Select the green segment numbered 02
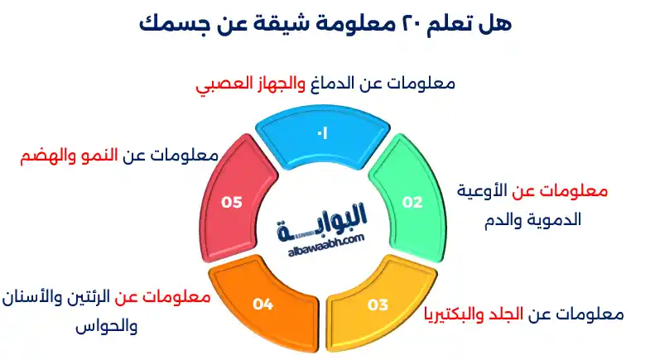coord(412,201)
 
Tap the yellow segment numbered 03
coord(378,305)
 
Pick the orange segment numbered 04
coord(263,305)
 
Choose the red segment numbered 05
coord(233,201)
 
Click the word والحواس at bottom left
coord(105,325)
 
